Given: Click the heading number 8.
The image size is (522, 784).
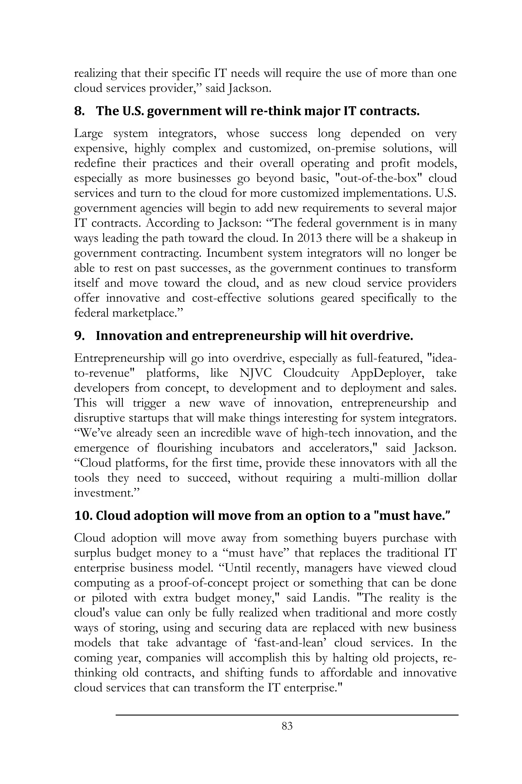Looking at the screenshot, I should coord(79,111).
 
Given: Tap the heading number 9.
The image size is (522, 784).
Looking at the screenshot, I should coord(79,336).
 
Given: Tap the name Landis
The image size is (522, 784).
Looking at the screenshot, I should coord(331,598).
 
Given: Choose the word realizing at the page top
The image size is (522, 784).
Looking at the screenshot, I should coord(95,73).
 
